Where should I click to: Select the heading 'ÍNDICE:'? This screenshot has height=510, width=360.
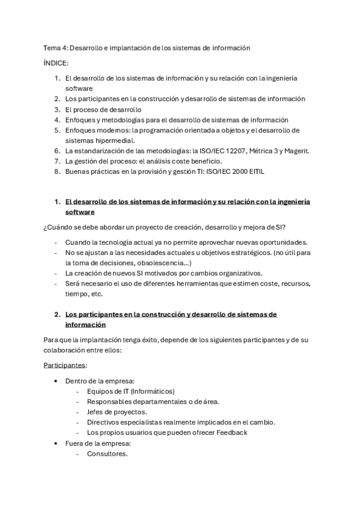click(x=56, y=63)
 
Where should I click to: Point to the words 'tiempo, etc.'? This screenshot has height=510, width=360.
click(x=84, y=294)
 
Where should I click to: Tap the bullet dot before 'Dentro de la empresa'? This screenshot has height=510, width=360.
click(x=56, y=381)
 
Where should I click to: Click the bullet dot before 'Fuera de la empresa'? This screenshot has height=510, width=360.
click(x=56, y=443)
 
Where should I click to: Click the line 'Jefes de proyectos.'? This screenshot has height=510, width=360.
click(x=117, y=412)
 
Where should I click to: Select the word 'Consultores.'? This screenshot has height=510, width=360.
click(x=107, y=453)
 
